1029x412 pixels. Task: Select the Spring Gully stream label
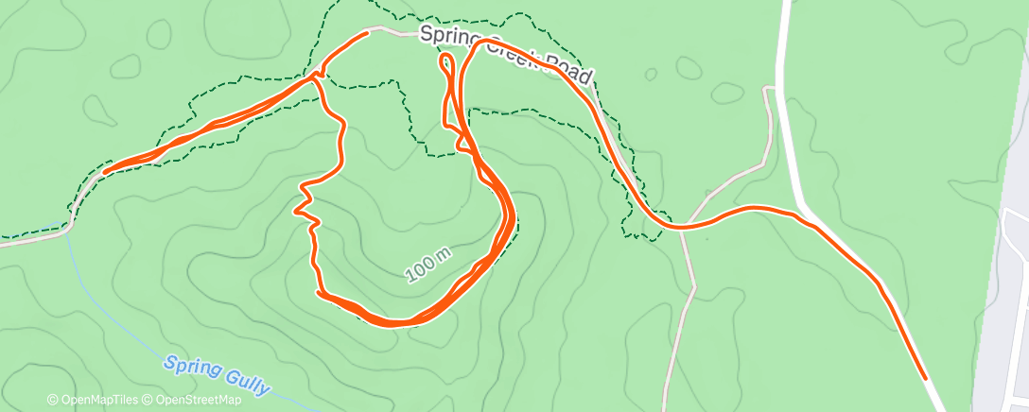click(x=217, y=373)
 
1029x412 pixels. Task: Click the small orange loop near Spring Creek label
click(x=446, y=63)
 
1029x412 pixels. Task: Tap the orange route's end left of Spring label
click(x=366, y=34)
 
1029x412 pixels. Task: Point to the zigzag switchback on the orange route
click(x=305, y=200)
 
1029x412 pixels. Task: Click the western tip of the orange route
click(x=105, y=171)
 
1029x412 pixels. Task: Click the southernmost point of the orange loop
click(x=392, y=324)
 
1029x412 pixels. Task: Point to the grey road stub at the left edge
click(x=19, y=241)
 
